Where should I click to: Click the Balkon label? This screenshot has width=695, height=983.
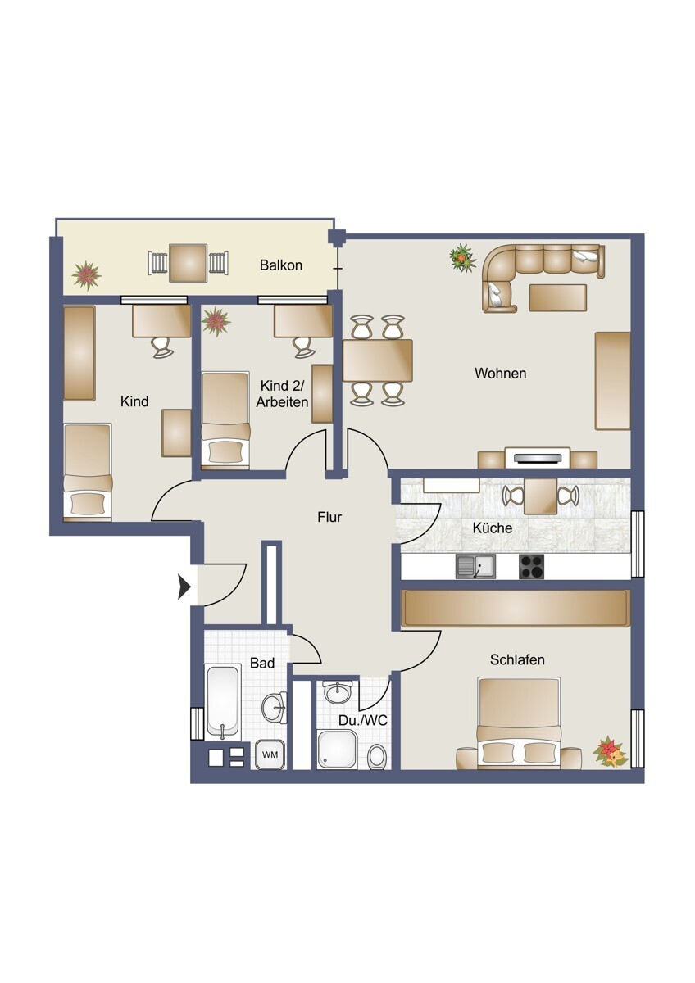pos(281,265)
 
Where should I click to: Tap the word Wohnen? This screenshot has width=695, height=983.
pos(501,374)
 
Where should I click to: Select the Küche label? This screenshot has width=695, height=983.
pos(493,528)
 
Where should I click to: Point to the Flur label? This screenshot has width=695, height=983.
pos(329,517)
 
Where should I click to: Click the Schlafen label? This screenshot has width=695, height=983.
pos(517,659)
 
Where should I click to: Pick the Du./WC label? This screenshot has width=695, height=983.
pos(362,721)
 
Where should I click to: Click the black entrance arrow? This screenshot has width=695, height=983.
pos(184,587)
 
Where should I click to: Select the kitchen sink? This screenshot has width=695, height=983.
pos(475,567)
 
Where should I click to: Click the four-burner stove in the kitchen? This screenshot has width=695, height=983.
pos(531,567)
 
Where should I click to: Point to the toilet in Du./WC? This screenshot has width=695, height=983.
pos(378,757)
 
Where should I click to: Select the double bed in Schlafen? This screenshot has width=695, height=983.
pos(519,723)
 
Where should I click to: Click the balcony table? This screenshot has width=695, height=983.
pos(189,263)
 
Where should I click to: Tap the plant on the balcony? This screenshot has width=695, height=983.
pos(87,275)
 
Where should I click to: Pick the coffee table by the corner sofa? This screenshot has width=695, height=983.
pos(558,298)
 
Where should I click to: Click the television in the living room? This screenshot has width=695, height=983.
pos(538,459)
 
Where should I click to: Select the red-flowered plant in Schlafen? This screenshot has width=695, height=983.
pos(611,753)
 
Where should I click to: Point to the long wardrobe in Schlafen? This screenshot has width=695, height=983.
pos(516,608)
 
